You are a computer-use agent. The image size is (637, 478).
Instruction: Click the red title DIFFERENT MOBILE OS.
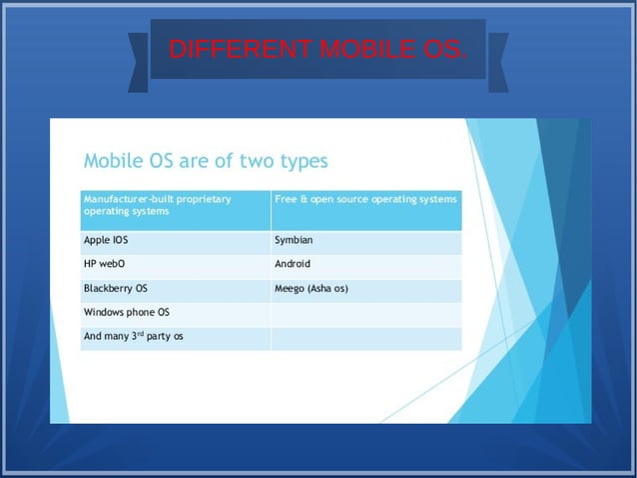click(317, 49)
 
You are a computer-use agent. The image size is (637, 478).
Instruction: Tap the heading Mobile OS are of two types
click(205, 160)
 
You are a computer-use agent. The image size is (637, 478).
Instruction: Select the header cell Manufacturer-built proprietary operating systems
click(175, 210)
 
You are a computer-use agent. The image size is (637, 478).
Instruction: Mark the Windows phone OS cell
click(175, 313)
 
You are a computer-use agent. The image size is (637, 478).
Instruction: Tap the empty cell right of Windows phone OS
click(365, 313)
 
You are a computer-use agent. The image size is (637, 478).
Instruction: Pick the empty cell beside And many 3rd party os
click(365, 337)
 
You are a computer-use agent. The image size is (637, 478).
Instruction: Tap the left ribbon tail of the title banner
click(139, 62)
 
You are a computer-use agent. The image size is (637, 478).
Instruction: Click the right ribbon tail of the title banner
click(497, 62)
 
